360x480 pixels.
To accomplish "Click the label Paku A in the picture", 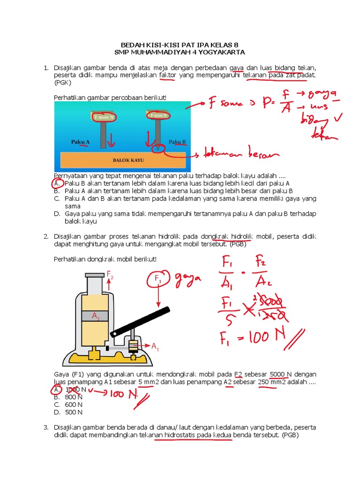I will (80, 141).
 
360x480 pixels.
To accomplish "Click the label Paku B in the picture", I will (177, 141).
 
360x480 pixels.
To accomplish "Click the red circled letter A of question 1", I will (56, 183).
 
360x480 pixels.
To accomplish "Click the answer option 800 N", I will (74, 397).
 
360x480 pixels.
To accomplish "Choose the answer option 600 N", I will (74, 404).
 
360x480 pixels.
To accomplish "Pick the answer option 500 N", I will (74, 412).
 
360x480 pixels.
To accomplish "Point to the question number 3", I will (46, 427).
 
